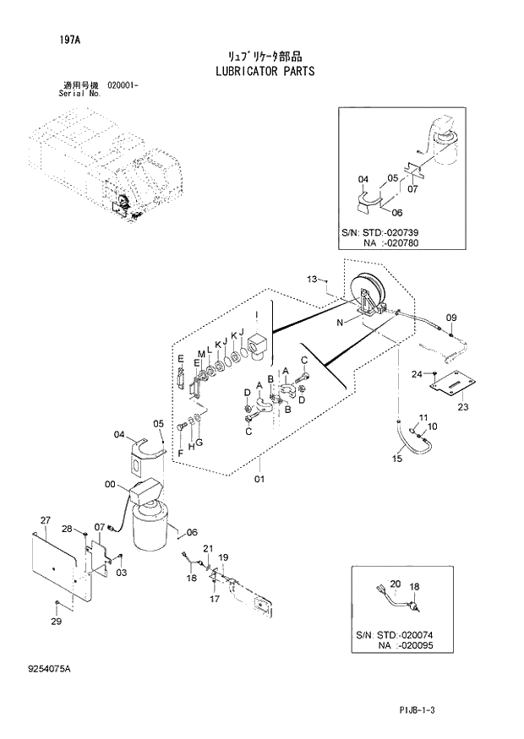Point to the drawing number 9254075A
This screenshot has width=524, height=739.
click(x=48, y=669)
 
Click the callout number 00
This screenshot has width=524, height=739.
click(x=110, y=484)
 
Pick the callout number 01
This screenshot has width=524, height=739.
click(x=259, y=480)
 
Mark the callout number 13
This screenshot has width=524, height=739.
click(x=312, y=279)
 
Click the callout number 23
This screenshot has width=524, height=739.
click(x=462, y=407)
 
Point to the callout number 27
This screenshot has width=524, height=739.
click(x=46, y=519)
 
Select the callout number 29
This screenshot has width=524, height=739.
click(x=56, y=622)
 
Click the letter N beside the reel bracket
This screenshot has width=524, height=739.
click(x=340, y=322)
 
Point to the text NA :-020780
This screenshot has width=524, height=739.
click(x=391, y=242)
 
